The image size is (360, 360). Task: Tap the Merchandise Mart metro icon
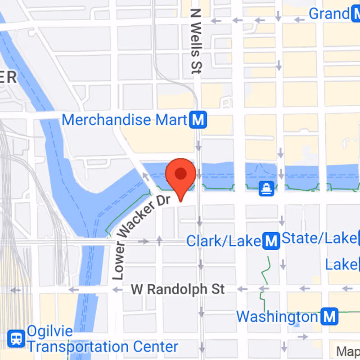click(x=198, y=120)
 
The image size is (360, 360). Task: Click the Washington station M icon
click(x=330, y=316)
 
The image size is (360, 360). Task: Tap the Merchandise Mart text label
click(x=124, y=120)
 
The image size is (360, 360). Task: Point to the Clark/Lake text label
click(x=224, y=241)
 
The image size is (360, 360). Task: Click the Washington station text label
click(x=277, y=316)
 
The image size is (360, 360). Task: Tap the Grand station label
click(x=328, y=13)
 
